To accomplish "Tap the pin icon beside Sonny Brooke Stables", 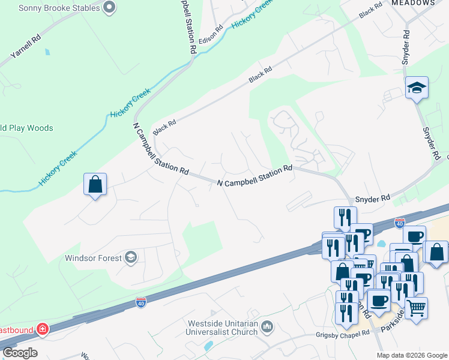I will tap(109, 8).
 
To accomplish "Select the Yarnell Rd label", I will tap(26, 47).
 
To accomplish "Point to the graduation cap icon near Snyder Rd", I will tap(416, 89).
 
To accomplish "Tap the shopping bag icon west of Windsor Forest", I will tap(95, 184).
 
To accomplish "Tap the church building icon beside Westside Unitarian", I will tap(267, 327).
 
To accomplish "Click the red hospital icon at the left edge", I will tap(42, 329).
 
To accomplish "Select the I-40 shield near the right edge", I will tap(400, 224).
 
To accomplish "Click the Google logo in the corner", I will tap(20, 353).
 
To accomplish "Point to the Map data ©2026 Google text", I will tap(412, 355).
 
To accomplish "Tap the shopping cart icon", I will tap(416, 308).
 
